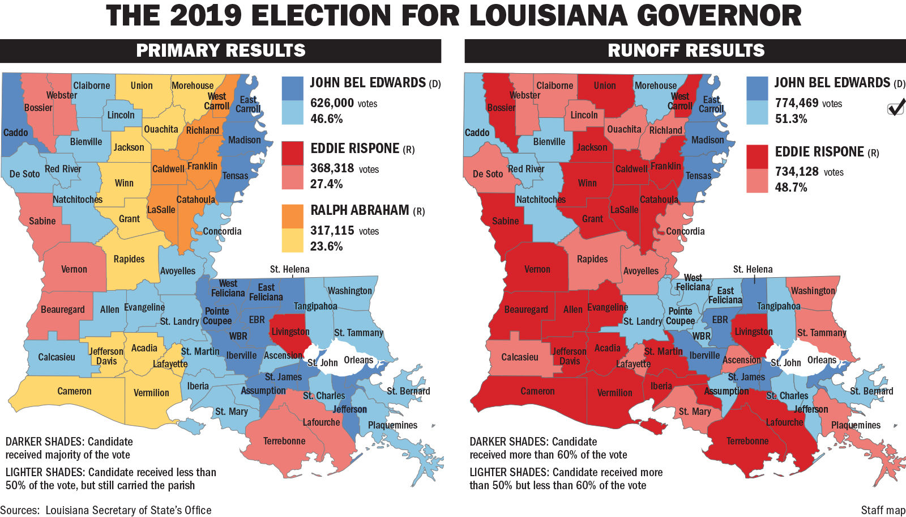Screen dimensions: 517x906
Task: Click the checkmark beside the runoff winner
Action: coord(896,107)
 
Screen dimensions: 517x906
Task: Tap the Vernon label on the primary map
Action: coord(74,269)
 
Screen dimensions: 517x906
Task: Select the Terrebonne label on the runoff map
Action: coord(747,441)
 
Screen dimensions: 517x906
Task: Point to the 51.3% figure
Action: coord(791,119)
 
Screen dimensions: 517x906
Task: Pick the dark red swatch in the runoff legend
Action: coord(757,157)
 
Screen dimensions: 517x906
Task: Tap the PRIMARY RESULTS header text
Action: coord(221,50)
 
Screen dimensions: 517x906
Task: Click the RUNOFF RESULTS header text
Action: coord(686,50)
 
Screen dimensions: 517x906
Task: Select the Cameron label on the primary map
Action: coord(74,391)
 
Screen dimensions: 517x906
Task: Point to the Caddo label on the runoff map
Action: coord(477,133)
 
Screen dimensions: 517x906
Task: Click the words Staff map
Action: coord(883,510)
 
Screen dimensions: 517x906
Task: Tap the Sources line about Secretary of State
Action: coord(106,510)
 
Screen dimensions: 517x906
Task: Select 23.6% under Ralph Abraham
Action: coord(326,247)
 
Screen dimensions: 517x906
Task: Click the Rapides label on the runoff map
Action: coord(592,259)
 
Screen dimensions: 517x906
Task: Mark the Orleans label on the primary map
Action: coord(358,360)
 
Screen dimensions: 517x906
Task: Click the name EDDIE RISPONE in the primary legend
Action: coord(355,149)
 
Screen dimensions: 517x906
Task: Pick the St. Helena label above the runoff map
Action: coord(753,269)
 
